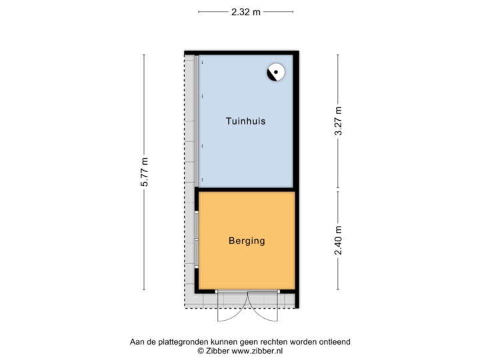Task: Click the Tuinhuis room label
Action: click(x=246, y=121)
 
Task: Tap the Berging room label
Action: click(x=246, y=241)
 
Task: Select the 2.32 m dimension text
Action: click(x=246, y=11)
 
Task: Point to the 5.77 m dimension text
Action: click(x=144, y=173)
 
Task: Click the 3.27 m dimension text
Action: click(x=338, y=121)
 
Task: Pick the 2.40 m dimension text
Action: click(x=338, y=240)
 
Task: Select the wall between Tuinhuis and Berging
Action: click(x=245, y=189)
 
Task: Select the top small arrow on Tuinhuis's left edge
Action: click(x=202, y=63)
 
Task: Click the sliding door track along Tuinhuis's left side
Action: click(x=198, y=120)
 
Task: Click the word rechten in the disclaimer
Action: click(x=269, y=341)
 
